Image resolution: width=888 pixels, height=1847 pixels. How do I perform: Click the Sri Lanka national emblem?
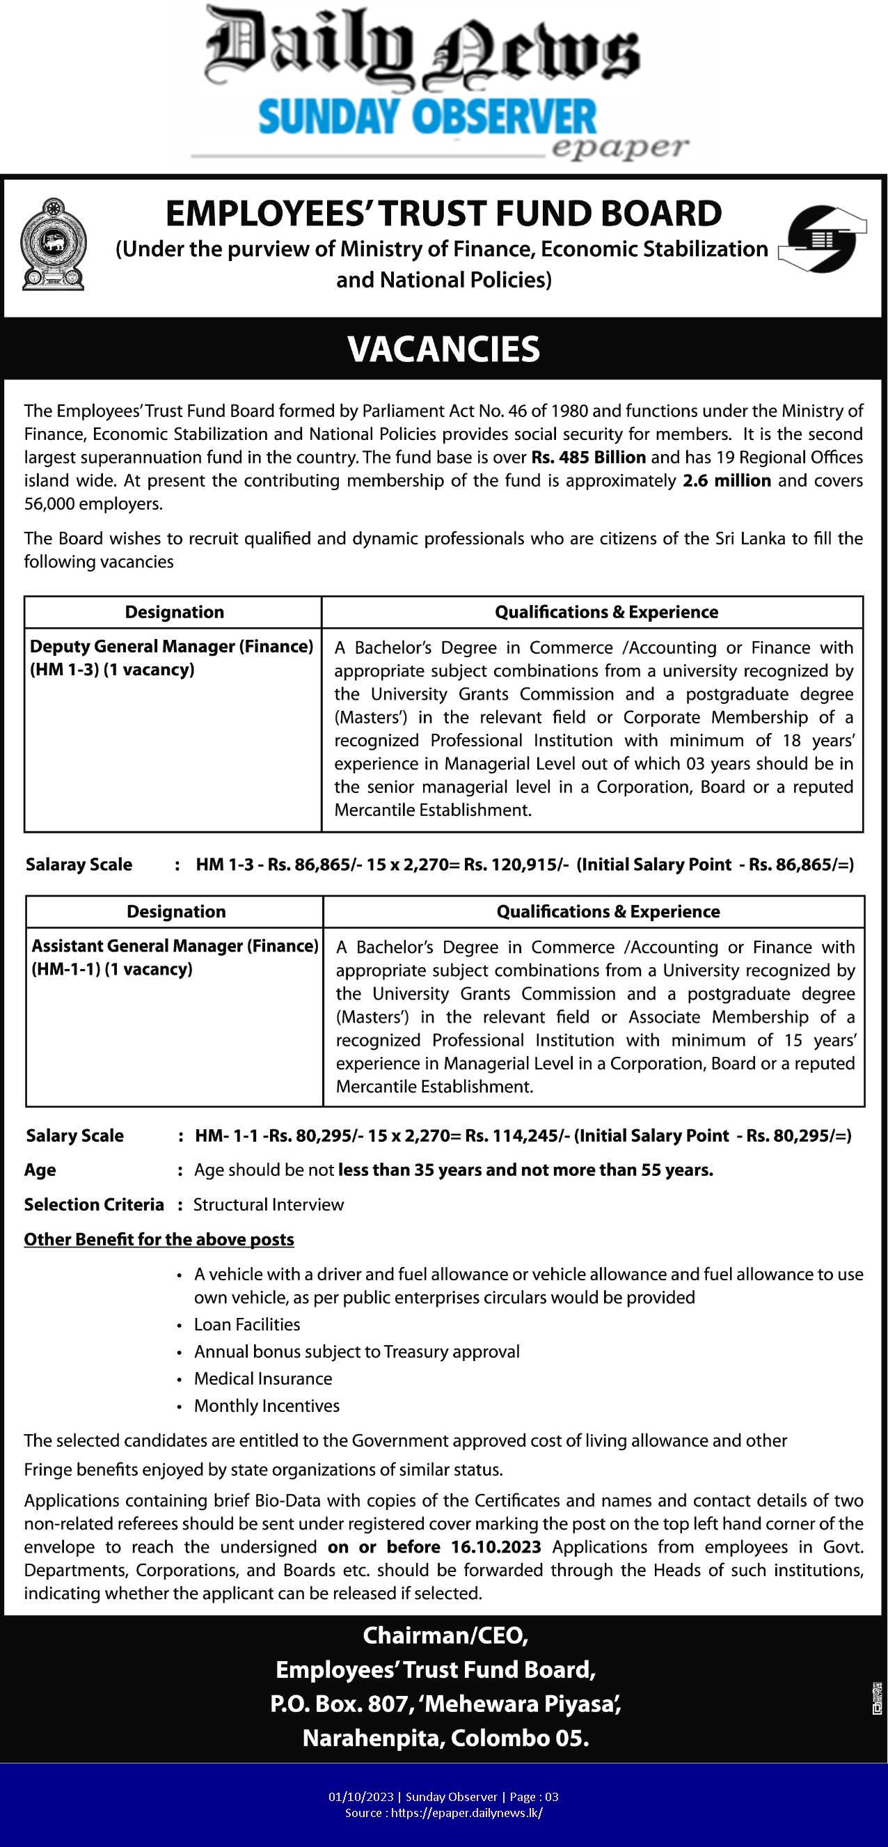coord(53,244)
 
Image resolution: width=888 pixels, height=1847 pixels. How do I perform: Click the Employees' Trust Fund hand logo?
coord(822,239)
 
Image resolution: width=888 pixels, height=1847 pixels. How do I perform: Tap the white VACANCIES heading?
coord(443,349)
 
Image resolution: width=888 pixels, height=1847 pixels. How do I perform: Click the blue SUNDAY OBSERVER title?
coord(427,118)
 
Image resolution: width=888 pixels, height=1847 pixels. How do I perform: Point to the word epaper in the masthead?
coord(620,147)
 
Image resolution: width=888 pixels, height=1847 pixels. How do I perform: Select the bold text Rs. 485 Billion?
coord(589,457)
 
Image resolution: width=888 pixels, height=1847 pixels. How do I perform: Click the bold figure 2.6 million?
coord(727,480)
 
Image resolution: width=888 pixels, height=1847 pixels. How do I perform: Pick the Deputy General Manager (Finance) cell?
coord(171,657)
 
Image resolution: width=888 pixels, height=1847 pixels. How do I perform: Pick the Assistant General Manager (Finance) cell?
coord(174,957)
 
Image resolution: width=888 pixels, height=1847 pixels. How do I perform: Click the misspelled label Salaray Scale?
coord(79,864)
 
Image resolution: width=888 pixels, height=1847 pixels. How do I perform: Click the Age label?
coord(40,1170)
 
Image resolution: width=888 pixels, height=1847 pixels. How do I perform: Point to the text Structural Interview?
coord(269,1204)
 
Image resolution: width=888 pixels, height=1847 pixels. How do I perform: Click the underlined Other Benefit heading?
coord(159,1240)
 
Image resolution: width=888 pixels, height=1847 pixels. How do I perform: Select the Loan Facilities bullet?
coord(246,1324)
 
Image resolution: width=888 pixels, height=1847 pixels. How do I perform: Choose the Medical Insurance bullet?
coord(263,1378)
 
